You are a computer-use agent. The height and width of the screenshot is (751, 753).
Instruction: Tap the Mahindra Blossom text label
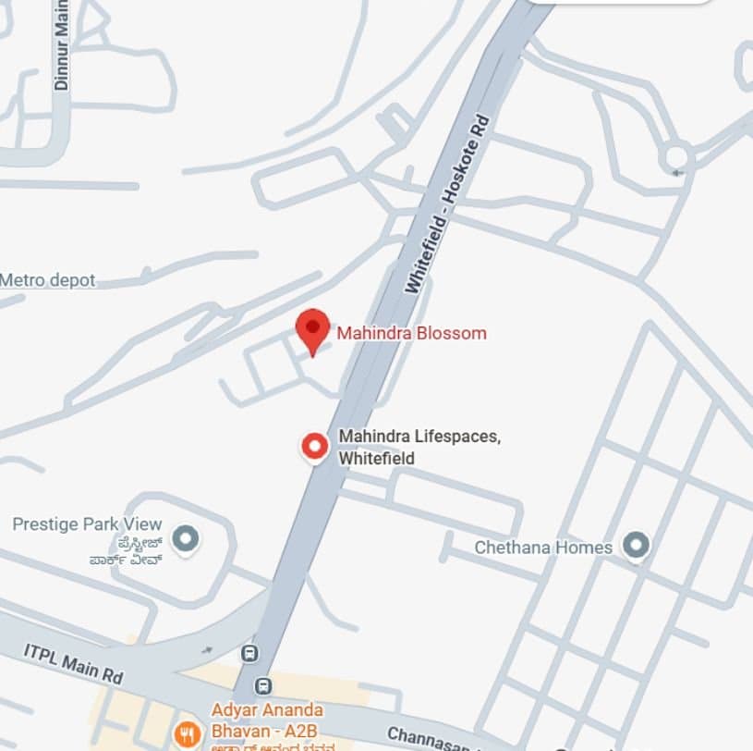(411, 333)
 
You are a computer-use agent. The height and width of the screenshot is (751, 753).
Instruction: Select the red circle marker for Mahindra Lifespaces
(316, 447)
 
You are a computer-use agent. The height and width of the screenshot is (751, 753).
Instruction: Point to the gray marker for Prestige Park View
(186, 536)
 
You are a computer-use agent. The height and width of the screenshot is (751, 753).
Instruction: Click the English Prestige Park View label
(87, 524)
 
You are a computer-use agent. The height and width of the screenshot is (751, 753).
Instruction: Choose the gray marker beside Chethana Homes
(635, 546)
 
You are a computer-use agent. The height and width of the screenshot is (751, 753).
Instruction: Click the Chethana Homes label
(543, 547)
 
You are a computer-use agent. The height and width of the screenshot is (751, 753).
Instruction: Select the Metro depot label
(48, 280)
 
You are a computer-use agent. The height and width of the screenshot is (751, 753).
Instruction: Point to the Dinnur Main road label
(62, 46)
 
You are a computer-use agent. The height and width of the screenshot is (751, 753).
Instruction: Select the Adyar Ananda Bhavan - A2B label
(268, 719)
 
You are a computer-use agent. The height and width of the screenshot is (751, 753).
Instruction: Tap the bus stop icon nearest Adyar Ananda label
(264, 685)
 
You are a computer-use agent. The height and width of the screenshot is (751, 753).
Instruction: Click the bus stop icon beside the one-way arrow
(249, 653)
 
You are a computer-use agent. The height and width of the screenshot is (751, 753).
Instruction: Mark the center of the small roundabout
(676, 155)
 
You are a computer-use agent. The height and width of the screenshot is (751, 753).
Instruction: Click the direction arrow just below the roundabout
(680, 173)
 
